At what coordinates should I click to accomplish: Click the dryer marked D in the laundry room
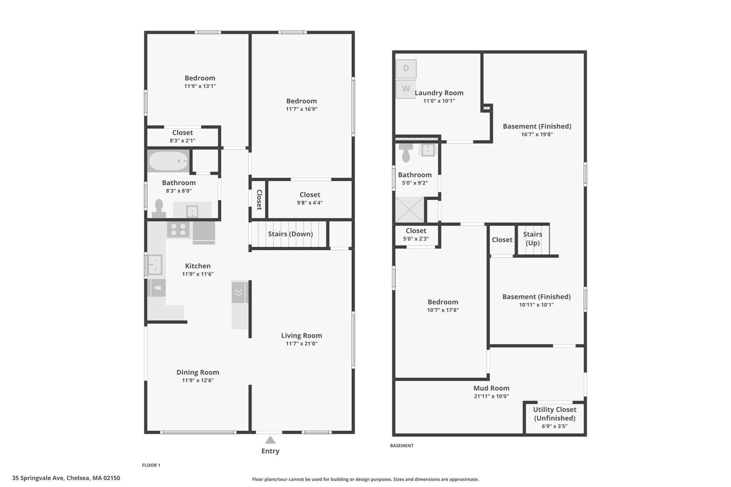(406, 69)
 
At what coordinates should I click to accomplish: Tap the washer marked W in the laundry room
(406, 89)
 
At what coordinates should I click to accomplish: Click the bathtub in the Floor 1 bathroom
(168, 161)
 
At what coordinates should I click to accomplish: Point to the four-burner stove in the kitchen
(178, 229)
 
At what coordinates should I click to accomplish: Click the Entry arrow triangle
(270, 440)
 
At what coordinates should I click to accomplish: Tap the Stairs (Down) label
(290, 234)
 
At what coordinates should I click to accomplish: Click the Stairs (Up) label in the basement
(533, 238)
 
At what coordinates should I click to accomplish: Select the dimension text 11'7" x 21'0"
(301, 344)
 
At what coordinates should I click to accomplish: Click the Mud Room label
(491, 388)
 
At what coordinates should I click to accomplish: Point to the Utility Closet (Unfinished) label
(554, 414)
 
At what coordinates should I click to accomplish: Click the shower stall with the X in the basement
(409, 210)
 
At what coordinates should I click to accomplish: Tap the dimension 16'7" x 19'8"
(537, 135)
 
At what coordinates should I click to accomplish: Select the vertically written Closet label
(259, 200)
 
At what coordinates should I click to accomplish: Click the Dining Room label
(198, 372)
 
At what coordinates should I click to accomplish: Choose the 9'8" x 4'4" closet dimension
(309, 203)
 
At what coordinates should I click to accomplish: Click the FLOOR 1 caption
(151, 465)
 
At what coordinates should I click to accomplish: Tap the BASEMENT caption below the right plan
(402, 446)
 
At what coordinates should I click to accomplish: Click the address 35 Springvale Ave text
(66, 478)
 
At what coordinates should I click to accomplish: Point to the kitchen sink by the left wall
(155, 264)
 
